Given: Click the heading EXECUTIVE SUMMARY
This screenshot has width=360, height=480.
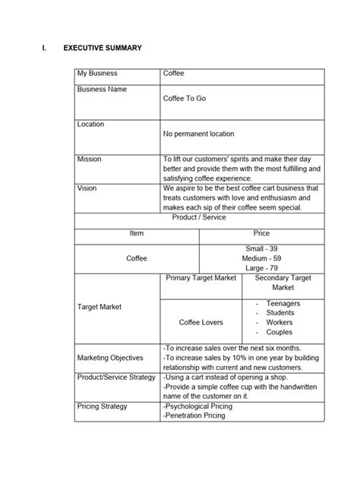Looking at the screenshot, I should coord(103,49).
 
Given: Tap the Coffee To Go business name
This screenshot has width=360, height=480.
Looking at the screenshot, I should coord(184,99).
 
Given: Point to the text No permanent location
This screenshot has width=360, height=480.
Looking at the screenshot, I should coord(198,134).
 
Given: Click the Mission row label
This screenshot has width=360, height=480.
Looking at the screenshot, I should coord(89,159).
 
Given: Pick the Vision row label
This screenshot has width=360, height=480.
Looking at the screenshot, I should coord(87,186).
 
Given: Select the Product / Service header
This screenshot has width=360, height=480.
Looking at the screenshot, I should coord(199,217).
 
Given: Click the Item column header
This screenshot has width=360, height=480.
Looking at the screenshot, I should coord(136,233).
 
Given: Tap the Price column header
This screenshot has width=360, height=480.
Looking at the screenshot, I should coord(261,233).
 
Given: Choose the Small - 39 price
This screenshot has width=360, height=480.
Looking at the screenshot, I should coord(261,248).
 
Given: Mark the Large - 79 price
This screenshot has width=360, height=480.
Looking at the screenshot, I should coord(261,267).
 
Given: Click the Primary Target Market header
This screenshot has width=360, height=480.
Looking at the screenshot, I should coord(201,279).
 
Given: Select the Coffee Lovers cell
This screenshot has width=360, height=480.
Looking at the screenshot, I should coord(201,322).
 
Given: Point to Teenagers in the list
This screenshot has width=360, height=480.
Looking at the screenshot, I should coord(283,303).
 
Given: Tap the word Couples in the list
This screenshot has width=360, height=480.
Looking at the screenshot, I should coord(279,332).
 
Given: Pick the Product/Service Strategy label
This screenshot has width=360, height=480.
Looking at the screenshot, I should coord(116,377).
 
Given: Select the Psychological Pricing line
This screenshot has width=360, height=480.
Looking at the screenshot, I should coord(198,406).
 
